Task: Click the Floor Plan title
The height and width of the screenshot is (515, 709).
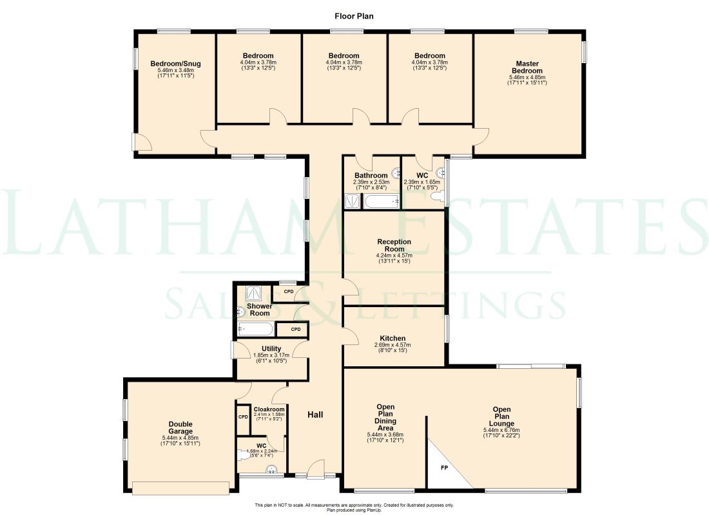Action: tap(354, 15)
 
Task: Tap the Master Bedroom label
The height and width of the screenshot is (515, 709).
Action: tap(528, 67)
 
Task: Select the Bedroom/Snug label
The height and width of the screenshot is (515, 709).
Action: tap(175, 64)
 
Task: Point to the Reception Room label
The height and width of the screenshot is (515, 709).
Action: tap(394, 245)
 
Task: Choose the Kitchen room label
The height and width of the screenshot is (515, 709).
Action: tap(393, 339)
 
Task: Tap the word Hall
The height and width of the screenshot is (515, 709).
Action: tap(315, 415)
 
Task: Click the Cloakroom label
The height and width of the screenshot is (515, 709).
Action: tap(269, 409)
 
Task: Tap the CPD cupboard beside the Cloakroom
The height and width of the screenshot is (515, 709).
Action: tap(243, 417)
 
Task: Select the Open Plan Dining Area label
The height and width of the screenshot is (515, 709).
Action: tap(385, 417)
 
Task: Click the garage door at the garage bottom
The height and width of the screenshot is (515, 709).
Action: tap(180, 488)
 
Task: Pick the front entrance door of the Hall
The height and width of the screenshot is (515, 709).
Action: tap(316, 472)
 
